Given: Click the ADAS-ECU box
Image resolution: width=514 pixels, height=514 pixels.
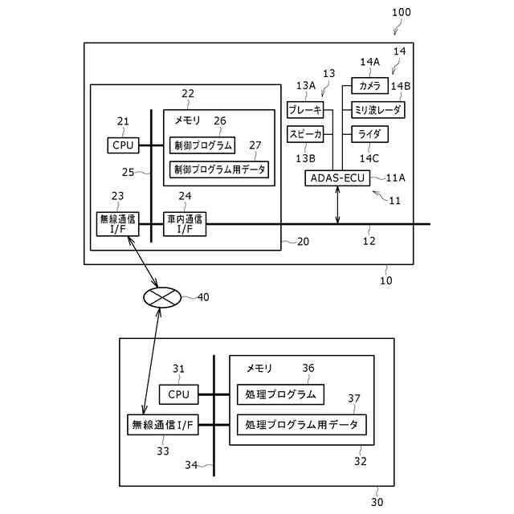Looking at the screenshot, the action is [x=337, y=178].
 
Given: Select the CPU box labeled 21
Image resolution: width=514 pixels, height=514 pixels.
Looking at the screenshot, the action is [x=123, y=145].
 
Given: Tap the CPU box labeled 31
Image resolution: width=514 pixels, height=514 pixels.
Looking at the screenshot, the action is [x=178, y=394].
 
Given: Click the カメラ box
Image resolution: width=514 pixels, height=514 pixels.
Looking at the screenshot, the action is [x=369, y=86].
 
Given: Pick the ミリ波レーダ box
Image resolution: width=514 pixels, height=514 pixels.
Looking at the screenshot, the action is [x=378, y=110].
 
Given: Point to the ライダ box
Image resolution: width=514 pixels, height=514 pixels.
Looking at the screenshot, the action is [x=369, y=134].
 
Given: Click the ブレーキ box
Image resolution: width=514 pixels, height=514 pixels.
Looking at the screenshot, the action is [x=305, y=110].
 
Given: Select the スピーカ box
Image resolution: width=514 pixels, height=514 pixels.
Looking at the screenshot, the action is [x=305, y=134].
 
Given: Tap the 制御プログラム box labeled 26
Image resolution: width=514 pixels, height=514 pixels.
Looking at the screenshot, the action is [x=202, y=145].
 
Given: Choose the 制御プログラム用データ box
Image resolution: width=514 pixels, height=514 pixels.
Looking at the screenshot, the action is [x=219, y=169].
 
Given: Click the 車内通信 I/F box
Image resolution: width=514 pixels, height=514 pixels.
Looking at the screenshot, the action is [x=185, y=224].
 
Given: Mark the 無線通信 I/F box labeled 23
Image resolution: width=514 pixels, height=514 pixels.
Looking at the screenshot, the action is [x=118, y=224].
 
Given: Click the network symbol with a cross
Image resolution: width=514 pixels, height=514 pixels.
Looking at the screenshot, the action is [x=162, y=297].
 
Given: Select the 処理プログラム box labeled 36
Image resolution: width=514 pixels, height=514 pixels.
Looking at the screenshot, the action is [x=280, y=394].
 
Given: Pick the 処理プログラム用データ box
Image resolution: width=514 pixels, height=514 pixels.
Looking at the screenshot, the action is [x=302, y=425].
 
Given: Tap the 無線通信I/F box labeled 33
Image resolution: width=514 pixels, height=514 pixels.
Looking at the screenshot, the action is [x=162, y=425].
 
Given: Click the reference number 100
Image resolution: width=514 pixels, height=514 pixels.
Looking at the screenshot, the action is [x=402, y=13].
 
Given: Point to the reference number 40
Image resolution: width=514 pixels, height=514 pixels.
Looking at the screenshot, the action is [x=203, y=297].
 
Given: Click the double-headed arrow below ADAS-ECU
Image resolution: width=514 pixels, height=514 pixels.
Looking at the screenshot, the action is [x=337, y=205].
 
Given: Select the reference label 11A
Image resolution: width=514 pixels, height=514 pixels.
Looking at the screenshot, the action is [x=396, y=177].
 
